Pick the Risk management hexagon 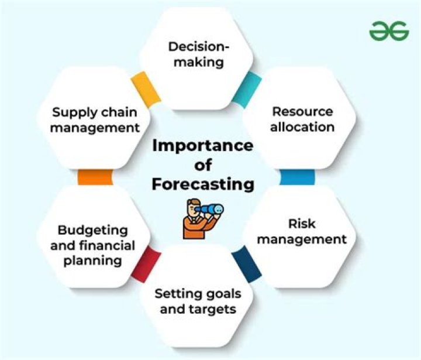302,231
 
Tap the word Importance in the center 203,145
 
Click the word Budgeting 93,231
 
